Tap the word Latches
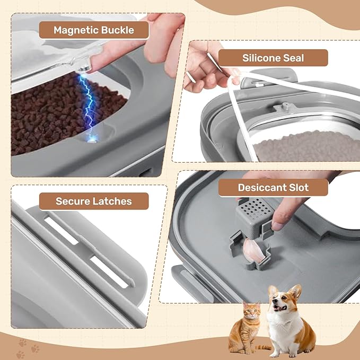point(112,201)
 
